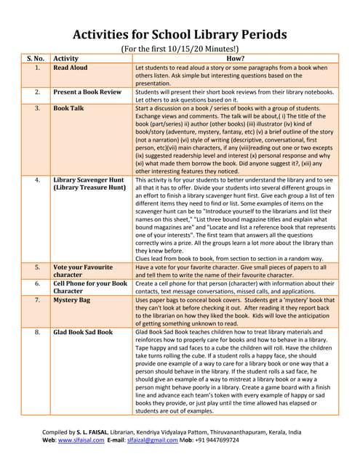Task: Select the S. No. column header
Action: (36, 58)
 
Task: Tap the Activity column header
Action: (66, 58)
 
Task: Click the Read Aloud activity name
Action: (71, 68)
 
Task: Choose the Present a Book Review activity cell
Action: (87, 93)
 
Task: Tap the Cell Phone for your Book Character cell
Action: (90, 287)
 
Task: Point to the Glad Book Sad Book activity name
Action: (83, 332)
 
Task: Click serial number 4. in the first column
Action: (36, 179)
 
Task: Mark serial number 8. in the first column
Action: (36, 332)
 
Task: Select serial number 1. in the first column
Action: (36, 68)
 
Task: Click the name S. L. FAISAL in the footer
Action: (103, 432)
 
